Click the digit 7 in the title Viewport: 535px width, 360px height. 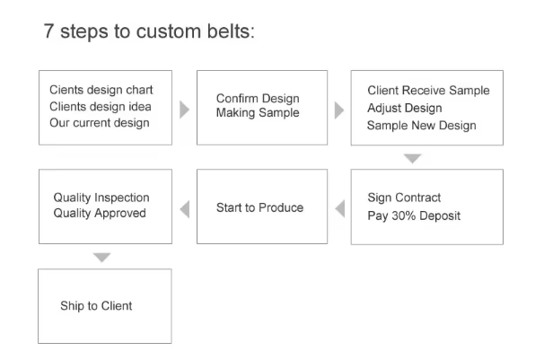coord(48,31)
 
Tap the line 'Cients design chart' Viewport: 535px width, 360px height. coord(101,90)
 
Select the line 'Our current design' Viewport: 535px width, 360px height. coord(100,123)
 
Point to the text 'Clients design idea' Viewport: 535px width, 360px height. coord(101,107)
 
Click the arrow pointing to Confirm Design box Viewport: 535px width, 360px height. coord(184,110)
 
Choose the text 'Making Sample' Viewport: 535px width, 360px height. coord(258,112)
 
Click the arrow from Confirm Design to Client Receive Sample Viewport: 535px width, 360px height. coord(339,110)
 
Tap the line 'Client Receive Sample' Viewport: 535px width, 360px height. coord(428,91)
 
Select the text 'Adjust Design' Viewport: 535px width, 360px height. coord(405,108)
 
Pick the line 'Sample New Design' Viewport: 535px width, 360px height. coord(421,126)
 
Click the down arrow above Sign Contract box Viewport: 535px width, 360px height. coord(413,158)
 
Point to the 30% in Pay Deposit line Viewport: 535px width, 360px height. coord(403,215)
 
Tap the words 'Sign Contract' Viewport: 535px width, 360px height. coord(404,198)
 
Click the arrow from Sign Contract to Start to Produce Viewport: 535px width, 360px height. coord(340,208)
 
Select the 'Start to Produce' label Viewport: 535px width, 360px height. coord(259,207)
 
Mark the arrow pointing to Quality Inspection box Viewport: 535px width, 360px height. coord(185,209)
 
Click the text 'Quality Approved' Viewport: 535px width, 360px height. coord(100,214)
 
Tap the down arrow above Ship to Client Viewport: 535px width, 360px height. coord(101,258)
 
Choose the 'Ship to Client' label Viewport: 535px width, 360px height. coord(96,306)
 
